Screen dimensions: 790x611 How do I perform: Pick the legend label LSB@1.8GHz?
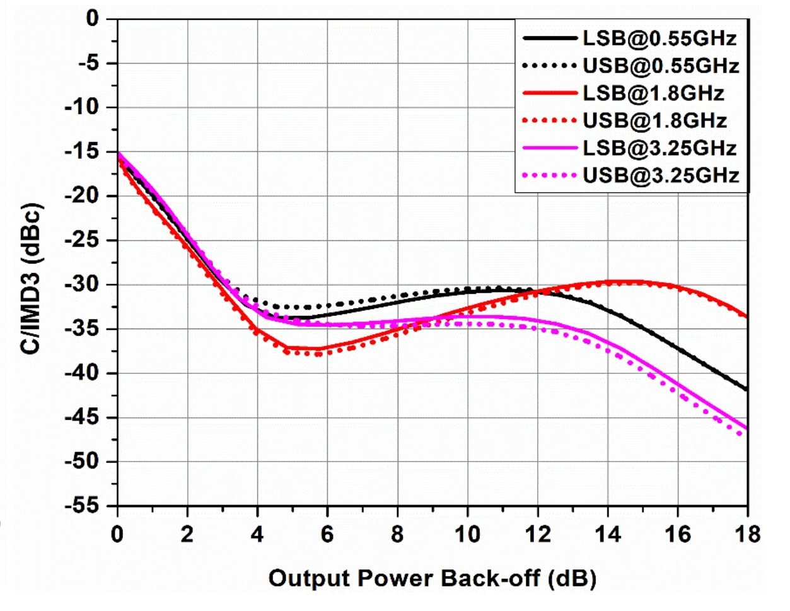click(654, 93)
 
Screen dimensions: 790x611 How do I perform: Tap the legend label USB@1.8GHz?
click(654, 120)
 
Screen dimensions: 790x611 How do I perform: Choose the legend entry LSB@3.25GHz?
click(659, 148)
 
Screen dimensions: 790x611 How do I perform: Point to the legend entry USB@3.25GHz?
click(661, 175)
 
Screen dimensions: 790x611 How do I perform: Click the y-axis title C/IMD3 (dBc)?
click(32, 279)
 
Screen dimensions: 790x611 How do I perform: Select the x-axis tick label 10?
click(467, 535)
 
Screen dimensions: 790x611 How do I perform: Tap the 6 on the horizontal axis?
click(327, 535)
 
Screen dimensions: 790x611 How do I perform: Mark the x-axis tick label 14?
click(607, 535)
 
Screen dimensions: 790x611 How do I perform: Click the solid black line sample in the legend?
click(550, 38)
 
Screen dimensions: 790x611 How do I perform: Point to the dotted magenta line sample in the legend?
click(550, 175)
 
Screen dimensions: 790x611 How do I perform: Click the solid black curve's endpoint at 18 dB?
click(746, 390)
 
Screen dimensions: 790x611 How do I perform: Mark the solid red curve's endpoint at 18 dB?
click(746, 317)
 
